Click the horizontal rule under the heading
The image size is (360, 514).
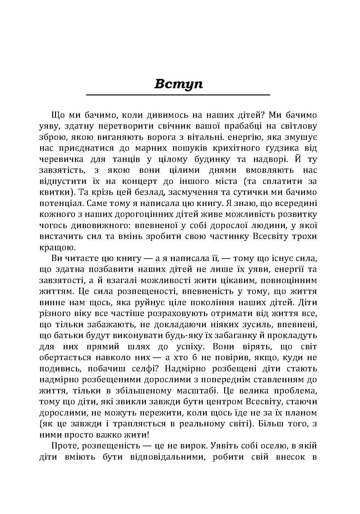pyautogui.click(x=178, y=95)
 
